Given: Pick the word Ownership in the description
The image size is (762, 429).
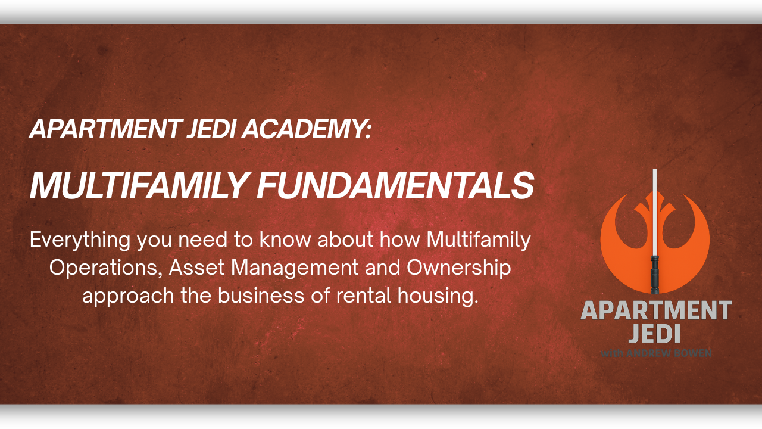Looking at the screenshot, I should point(458,268).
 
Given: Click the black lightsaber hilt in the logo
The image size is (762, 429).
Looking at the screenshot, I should point(655,274).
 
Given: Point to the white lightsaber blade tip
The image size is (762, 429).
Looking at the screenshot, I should point(655,174).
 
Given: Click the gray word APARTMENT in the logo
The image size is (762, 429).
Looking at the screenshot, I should point(655,310).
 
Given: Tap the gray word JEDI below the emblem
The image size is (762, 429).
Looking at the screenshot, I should point(655,334).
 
